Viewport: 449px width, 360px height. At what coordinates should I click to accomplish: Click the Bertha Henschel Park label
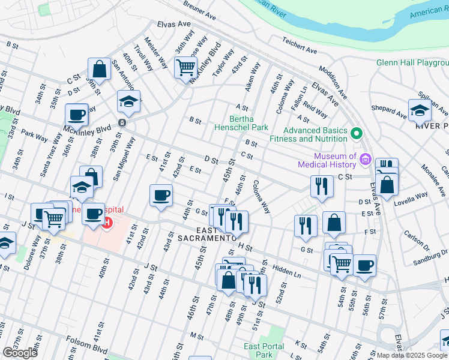(241, 123)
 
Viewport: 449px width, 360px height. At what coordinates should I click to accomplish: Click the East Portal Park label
(259, 351)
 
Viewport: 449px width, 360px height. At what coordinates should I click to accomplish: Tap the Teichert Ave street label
(300, 46)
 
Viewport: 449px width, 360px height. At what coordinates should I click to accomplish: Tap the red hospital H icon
(107, 224)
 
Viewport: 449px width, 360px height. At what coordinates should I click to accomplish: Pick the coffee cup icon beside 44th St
(160, 196)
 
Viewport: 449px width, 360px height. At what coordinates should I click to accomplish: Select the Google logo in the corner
(20, 353)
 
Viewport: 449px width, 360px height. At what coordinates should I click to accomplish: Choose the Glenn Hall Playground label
(412, 62)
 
